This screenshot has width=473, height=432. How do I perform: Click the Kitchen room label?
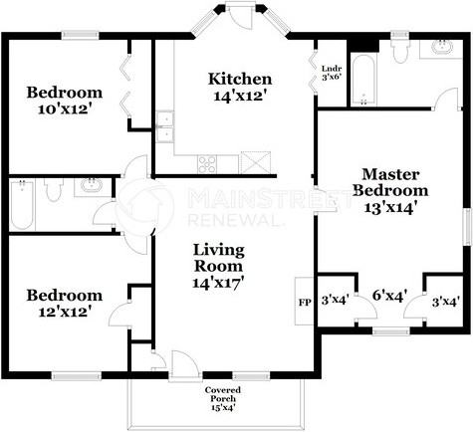[x=239, y=88]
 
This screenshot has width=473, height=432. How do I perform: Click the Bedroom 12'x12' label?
[x=65, y=303]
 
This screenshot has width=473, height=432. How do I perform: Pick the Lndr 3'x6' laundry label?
[x=331, y=73]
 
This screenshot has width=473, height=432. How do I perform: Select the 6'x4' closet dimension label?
[x=389, y=296]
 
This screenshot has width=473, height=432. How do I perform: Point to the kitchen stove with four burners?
[x=207, y=163]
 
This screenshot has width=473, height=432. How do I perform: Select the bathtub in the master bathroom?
[x=364, y=81]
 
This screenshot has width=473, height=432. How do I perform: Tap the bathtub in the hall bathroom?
[x=22, y=206]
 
